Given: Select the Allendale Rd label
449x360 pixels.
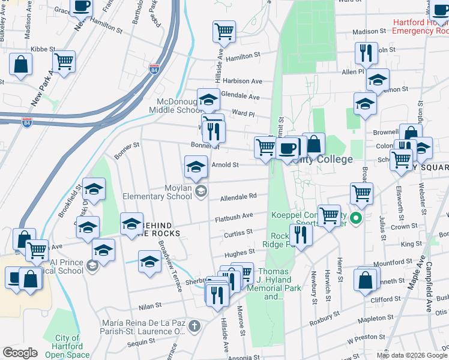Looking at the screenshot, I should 238,196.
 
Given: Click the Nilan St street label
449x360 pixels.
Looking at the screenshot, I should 150,305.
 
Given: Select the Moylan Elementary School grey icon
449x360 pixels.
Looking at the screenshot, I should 201,192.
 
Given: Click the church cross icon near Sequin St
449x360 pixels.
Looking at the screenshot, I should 193,326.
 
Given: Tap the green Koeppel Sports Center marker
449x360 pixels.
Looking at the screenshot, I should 356,218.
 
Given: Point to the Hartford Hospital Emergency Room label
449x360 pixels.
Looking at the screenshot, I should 421,26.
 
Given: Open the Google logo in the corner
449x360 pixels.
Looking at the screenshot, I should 20,352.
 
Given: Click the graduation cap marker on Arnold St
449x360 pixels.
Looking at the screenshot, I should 196,167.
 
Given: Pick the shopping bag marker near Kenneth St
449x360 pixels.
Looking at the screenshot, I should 366,279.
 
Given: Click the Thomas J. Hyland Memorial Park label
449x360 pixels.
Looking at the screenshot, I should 274,284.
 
